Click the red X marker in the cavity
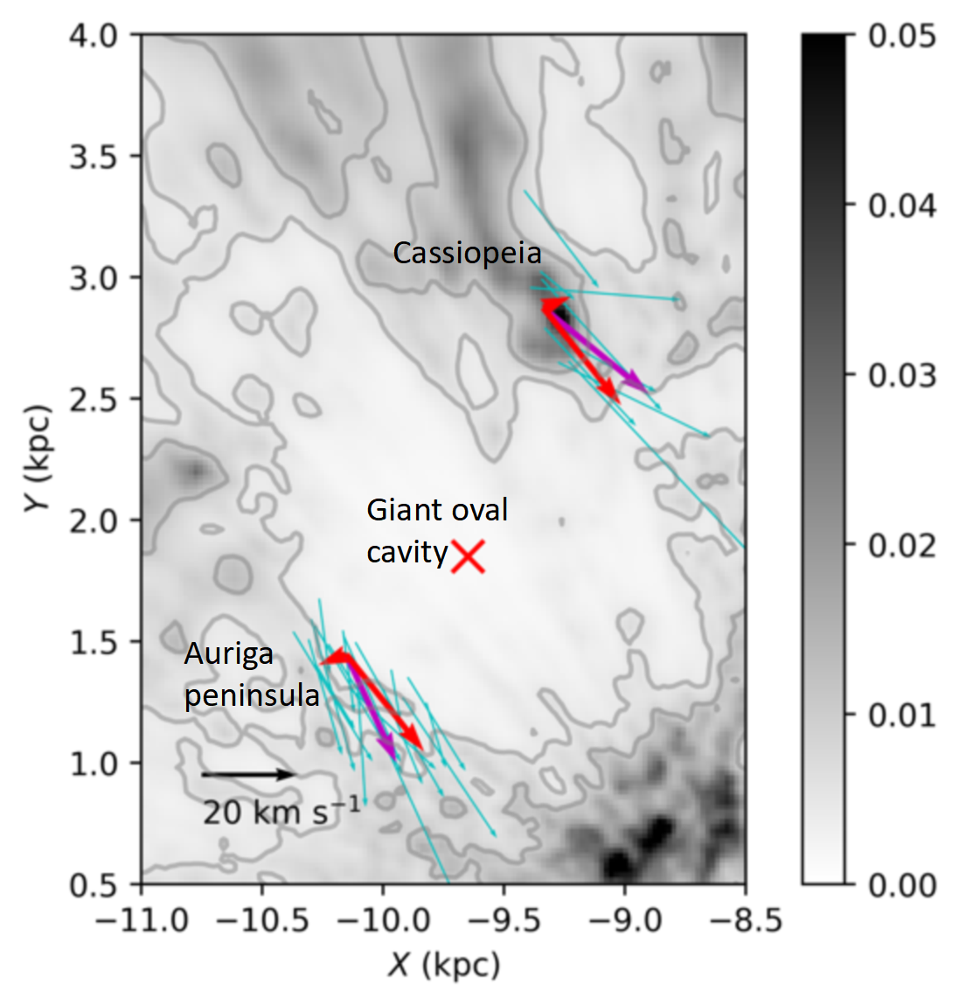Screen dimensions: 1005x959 (468, 556)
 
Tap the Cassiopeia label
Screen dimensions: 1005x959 (467, 253)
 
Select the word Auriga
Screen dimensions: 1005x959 (228, 654)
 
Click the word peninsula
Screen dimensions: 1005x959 (252, 695)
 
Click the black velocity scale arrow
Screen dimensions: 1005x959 (248, 774)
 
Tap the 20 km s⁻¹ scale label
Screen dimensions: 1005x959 (281, 813)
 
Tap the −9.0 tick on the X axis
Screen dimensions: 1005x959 (625, 920)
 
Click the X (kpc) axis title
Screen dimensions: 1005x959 (444, 965)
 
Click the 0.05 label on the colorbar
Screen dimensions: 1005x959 (901, 37)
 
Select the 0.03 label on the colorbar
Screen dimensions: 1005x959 (901, 376)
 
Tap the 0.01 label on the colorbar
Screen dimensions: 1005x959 (901, 715)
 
